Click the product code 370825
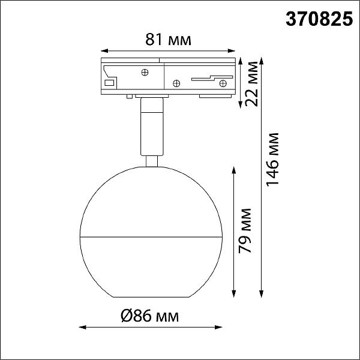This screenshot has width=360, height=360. [319, 19]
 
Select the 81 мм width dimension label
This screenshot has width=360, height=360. [168, 40]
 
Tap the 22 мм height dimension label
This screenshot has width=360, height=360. [251, 84]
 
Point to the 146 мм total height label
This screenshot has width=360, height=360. [272, 159]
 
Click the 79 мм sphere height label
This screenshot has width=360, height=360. [245, 231]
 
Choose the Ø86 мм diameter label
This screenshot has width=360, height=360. [149, 316]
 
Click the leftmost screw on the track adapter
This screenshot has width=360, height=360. [145, 73]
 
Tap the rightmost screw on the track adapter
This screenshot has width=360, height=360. [223, 83]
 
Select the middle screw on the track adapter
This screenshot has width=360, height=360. [176, 83]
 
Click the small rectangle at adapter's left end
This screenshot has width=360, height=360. [109, 83]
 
